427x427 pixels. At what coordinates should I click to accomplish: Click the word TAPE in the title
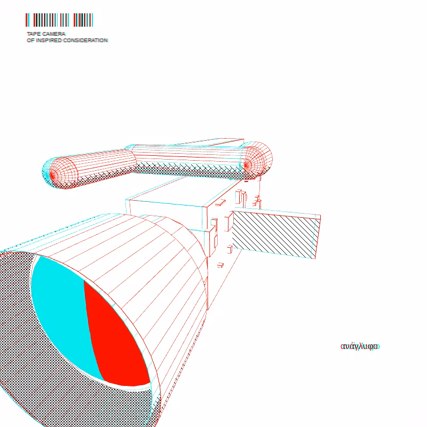tap(34, 34)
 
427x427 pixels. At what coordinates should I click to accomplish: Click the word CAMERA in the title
tap(54, 34)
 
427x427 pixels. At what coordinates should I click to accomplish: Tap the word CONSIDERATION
tap(85, 41)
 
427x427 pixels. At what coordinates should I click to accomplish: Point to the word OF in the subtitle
tap(30, 41)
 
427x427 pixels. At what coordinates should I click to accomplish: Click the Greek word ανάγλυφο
tap(360, 346)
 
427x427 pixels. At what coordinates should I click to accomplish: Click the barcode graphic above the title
tap(59, 20)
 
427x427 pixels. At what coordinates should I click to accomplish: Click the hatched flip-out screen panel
tap(275, 234)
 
